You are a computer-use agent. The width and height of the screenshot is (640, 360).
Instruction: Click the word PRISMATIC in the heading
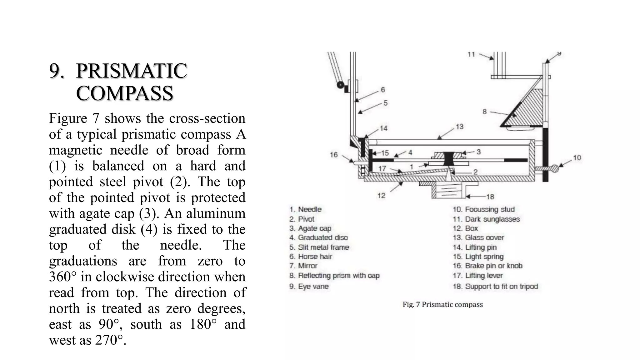132,71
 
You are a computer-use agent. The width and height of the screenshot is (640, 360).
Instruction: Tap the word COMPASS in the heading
124,93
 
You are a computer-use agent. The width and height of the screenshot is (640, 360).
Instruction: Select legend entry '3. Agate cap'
310,228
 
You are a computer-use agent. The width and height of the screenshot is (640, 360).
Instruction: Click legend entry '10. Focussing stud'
483,209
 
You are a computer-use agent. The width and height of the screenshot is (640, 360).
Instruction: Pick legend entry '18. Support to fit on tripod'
495,286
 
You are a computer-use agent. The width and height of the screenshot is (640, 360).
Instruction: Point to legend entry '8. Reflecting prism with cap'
334,276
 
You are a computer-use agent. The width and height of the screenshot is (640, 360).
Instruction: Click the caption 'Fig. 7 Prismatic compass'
442,304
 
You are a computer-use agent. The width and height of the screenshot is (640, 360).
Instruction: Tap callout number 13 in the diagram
459,127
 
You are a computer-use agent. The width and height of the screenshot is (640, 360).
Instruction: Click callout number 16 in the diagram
334,155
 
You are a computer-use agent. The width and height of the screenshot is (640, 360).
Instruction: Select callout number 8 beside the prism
484,111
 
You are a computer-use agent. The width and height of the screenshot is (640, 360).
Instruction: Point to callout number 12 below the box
381,196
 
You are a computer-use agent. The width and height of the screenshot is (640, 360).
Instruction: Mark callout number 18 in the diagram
490,197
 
